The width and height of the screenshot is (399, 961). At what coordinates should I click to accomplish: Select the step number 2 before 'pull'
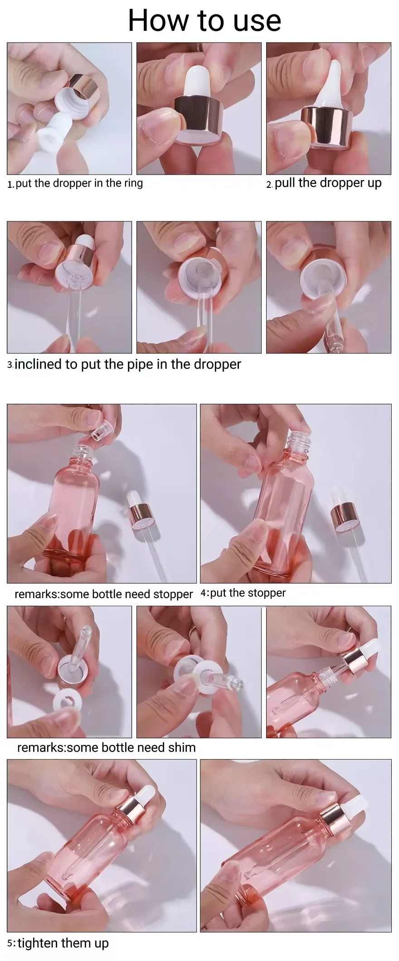coord(269,185)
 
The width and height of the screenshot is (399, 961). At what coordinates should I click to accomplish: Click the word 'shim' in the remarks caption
coord(182,747)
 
